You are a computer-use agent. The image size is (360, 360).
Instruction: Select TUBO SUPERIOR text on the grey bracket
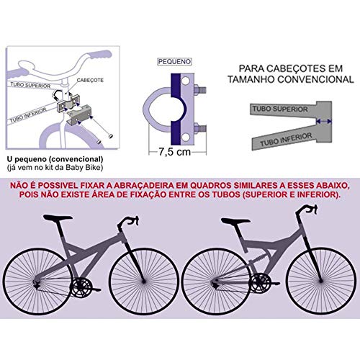tap(280, 108)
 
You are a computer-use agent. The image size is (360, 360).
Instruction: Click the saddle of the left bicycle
tap(62, 219)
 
